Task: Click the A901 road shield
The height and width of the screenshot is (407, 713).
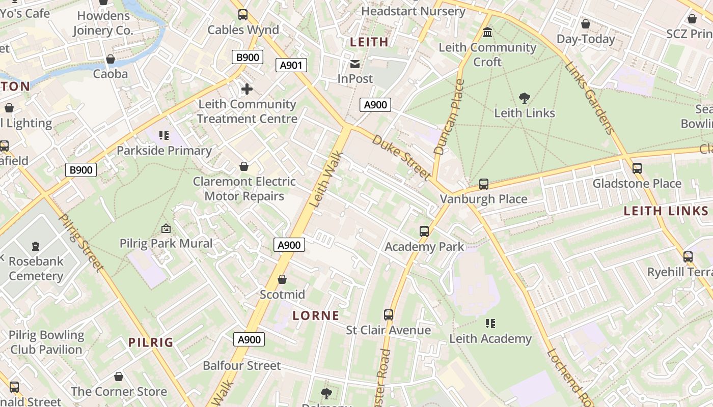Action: point(291,65)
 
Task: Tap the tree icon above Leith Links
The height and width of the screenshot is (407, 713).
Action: point(524,98)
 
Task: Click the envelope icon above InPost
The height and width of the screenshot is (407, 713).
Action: point(355,64)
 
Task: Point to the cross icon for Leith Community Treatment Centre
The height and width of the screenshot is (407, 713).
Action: point(247,90)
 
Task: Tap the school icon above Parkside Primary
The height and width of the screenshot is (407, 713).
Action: point(164,135)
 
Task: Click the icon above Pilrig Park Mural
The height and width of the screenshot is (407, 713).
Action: point(166,229)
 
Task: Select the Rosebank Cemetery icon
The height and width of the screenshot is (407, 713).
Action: point(36,247)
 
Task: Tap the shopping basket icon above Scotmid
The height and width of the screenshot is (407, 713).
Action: point(282,280)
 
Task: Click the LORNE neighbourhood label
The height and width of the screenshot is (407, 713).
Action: point(316,315)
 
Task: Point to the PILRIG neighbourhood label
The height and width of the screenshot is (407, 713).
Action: point(151,342)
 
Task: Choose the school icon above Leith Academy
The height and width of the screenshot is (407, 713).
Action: point(490,324)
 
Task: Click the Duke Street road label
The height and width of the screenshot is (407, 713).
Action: point(402,157)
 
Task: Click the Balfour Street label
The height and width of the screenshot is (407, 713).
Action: point(242,365)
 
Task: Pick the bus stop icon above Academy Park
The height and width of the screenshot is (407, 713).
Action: point(424,231)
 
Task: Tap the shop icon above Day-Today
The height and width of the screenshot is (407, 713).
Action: point(586,24)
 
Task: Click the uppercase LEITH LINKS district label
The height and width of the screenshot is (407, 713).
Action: point(666,211)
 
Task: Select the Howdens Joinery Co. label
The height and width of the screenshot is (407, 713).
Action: point(102,23)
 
